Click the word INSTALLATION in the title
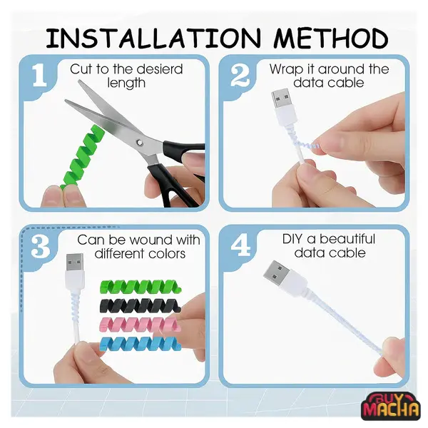click(153, 39)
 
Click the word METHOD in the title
click(331, 39)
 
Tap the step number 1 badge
click(40, 76)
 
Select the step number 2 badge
click(240, 76)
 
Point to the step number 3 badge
click(41, 247)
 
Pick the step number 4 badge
click(240, 245)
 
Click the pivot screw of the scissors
click(140, 142)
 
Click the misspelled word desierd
click(160, 69)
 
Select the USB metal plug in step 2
click(282, 98)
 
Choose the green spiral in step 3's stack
click(141, 287)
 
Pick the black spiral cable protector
click(141, 305)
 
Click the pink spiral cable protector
click(140, 324)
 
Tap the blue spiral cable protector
click(141, 343)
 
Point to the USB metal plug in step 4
click(276, 273)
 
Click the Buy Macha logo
click(391, 407)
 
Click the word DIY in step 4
click(292, 239)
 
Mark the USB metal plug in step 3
click(75, 263)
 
